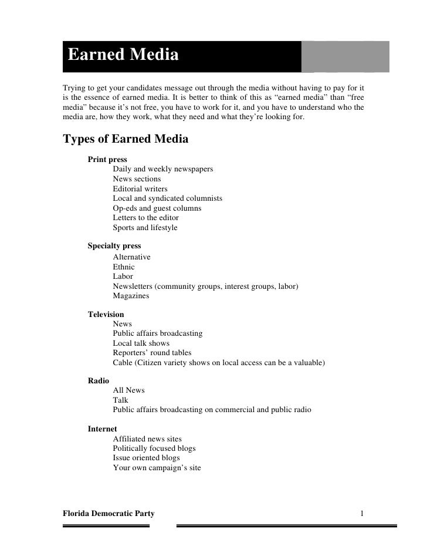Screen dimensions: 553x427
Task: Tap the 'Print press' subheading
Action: click(x=107, y=160)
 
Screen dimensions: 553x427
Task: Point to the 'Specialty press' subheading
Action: click(x=114, y=246)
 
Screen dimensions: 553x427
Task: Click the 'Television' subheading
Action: click(x=106, y=315)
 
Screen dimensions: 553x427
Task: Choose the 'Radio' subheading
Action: click(x=99, y=380)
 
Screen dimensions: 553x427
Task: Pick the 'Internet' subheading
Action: click(x=103, y=429)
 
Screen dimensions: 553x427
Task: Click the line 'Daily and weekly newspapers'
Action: click(x=163, y=169)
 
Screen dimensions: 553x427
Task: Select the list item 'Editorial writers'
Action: click(x=140, y=188)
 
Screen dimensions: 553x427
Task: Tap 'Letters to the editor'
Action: click(x=146, y=218)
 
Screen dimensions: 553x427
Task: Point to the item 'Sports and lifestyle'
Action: click(x=145, y=227)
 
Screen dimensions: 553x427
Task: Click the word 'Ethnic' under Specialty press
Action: click(x=124, y=267)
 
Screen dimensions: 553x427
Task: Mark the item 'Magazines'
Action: click(x=131, y=296)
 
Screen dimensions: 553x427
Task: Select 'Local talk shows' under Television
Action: click(x=141, y=343)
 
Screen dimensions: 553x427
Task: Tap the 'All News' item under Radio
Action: click(x=129, y=390)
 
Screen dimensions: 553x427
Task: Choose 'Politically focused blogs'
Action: click(x=154, y=449)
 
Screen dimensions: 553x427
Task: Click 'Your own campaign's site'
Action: click(x=157, y=468)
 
